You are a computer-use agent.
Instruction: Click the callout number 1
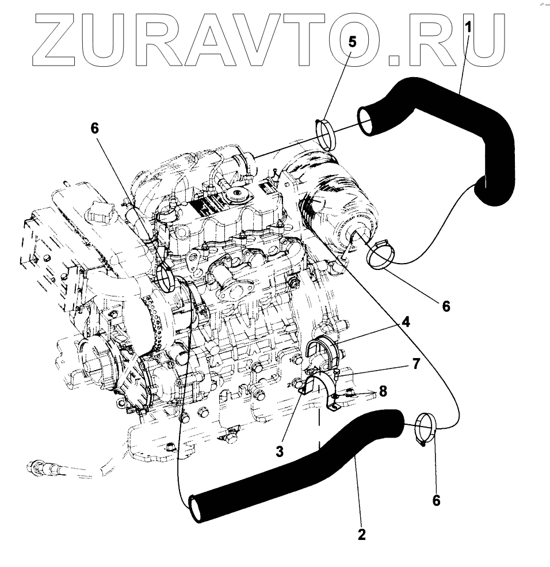(x=469, y=27)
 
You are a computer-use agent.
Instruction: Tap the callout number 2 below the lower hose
(x=361, y=534)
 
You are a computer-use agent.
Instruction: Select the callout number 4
(x=406, y=322)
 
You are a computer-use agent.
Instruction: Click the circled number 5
(x=352, y=41)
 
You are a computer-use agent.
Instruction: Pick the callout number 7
(x=415, y=363)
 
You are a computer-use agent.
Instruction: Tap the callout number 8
(x=382, y=391)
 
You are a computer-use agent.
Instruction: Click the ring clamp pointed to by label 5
(x=326, y=134)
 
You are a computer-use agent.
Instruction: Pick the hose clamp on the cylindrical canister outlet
(x=376, y=257)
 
